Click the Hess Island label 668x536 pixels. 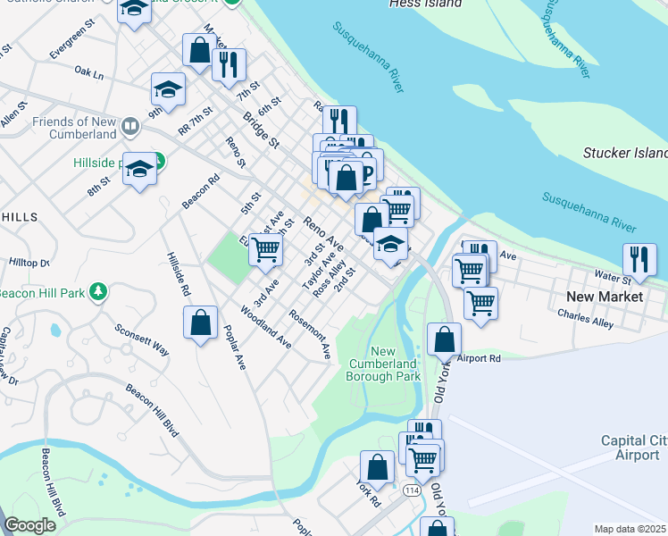426,4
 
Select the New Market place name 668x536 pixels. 605,296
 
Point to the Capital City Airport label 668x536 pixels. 634,448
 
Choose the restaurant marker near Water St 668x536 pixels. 639,259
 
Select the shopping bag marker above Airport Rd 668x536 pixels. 444,339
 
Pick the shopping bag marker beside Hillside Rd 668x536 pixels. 201,322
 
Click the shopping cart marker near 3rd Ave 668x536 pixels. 265,250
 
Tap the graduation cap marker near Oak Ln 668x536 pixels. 167,89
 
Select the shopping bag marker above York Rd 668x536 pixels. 377,467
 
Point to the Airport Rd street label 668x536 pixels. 479,358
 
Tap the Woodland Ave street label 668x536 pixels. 267,327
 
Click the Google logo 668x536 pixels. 29,525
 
